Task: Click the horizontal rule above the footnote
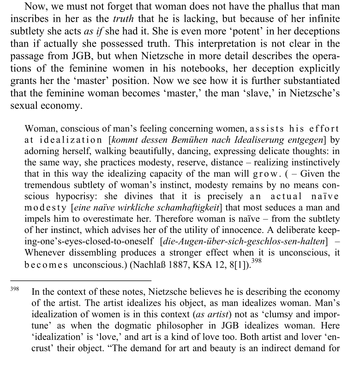tap(81, 280)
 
